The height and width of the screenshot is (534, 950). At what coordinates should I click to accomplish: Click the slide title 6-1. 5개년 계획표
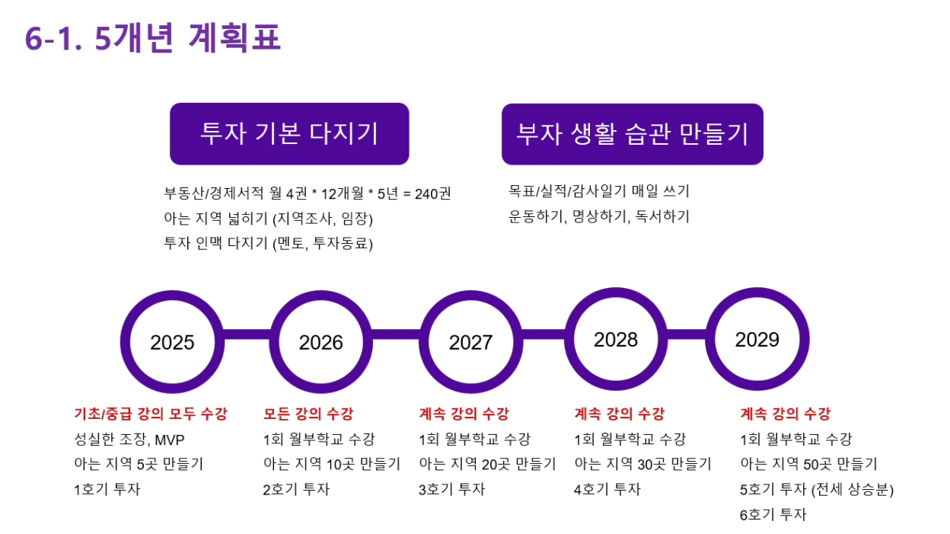[153, 38]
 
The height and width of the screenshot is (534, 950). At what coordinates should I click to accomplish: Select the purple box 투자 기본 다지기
[289, 134]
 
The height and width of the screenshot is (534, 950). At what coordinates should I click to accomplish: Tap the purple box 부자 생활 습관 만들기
[633, 134]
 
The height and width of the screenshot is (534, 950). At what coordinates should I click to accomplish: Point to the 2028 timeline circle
[616, 292]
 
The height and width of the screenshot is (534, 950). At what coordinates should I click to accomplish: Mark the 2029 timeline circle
[757, 292]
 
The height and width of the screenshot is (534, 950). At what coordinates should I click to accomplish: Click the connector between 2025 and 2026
[247, 334]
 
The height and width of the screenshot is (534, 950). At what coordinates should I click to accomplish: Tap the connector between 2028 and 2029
[687, 334]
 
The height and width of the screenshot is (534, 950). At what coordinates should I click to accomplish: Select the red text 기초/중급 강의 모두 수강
[151, 414]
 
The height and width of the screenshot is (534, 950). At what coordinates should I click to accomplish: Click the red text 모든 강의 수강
[308, 414]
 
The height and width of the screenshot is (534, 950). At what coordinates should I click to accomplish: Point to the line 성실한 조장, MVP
[129, 440]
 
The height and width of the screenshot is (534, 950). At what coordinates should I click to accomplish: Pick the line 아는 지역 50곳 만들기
[808, 464]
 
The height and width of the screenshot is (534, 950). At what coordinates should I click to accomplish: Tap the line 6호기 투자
[773, 514]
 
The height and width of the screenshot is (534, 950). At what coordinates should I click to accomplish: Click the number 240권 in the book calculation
[432, 193]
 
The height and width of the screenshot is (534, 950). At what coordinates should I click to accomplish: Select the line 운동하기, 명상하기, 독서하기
[599, 217]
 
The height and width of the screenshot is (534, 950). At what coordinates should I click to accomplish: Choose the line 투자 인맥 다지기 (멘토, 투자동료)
[269, 244]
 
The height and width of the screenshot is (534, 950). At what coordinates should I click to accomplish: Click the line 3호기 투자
[451, 489]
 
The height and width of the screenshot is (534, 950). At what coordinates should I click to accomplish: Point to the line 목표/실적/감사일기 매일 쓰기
[599, 191]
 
